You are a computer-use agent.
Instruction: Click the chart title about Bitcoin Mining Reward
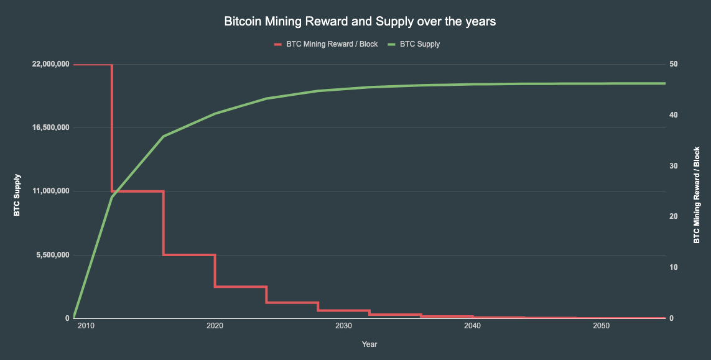360,22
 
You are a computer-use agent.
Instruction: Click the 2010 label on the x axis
86,326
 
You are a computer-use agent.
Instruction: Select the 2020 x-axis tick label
215,326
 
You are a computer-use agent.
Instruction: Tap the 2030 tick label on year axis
343,326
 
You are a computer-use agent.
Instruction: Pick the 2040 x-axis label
472,326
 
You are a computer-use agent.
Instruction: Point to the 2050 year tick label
601,326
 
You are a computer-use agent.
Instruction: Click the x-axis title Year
369,344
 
